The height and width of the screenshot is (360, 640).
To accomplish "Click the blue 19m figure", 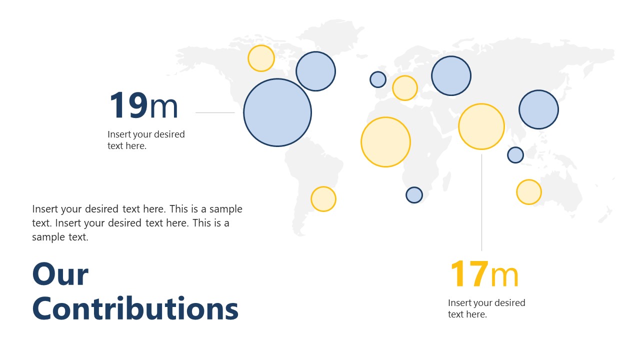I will [143, 106].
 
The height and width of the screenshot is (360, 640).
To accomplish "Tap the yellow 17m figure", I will [484, 274].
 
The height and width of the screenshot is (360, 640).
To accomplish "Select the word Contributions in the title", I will [135, 308].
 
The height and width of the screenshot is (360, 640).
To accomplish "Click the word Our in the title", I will [60, 274].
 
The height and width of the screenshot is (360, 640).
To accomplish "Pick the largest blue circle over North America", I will [277, 112].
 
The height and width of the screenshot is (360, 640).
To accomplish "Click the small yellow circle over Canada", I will [261, 58].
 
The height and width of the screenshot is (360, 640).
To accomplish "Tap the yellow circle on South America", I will [323, 199].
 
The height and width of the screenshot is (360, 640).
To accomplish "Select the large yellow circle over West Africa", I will [385, 142].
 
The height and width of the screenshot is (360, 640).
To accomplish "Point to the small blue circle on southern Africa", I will [414, 194].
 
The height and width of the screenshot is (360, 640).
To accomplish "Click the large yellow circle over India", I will [481, 126].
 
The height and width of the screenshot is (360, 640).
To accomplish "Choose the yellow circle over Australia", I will [529, 192].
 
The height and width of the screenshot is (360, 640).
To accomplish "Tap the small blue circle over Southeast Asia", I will [515, 155].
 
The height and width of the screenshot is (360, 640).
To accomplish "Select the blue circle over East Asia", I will [538, 109].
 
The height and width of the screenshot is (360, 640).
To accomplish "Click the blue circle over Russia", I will [451, 75].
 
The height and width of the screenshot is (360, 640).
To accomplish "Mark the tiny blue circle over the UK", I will [378, 79].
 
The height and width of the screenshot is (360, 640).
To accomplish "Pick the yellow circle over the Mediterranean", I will [405, 88].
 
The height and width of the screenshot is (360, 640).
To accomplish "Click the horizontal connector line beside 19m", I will [215, 112].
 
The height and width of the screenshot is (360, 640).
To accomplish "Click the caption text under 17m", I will [486, 308].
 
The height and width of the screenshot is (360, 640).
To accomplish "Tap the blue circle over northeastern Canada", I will [315, 71].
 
